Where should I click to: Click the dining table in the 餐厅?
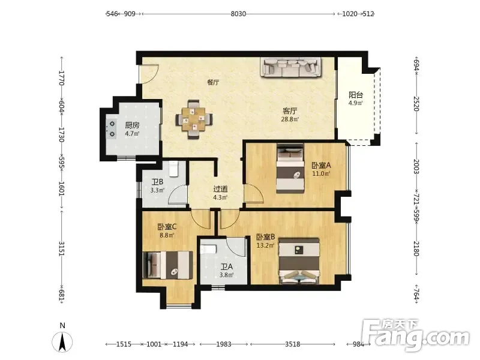tap(194, 119)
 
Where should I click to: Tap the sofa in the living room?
tap(292, 67)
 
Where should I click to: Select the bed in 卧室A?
tap(290, 169)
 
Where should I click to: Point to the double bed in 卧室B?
tap(299, 261)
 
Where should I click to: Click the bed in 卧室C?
tap(168, 265)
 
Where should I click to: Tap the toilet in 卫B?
tap(173, 169)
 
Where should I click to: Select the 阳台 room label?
tap(356, 95)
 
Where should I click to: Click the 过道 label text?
tap(220, 189)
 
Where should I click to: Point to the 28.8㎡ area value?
tap(290, 119)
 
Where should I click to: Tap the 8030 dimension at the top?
tap(238, 14)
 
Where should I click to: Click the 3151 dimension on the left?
tap(62, 248)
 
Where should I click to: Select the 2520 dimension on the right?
tap(416, 103)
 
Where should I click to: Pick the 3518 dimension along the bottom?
tap(293, 344)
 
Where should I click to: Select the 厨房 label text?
tap(132, 125)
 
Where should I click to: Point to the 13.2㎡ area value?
tap(265, 245)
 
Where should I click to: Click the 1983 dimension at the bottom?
tap(224, 344)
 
